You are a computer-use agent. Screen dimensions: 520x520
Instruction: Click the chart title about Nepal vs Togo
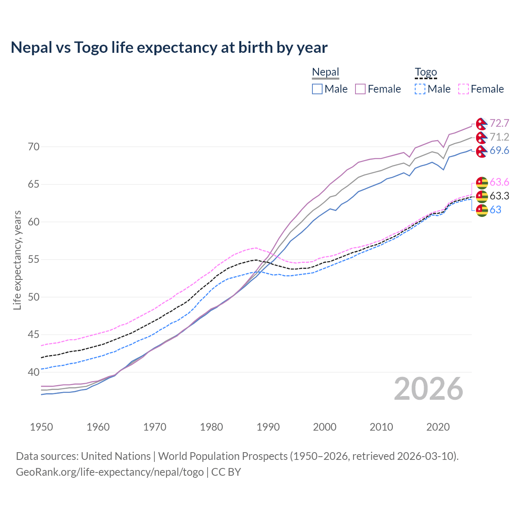pyautogui.click(x=169, y=48)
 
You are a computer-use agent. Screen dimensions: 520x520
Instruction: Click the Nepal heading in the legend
pyautogui.click(x=325, y=72)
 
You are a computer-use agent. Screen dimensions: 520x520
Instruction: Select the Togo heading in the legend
pyautogui.click(x=425, y=72)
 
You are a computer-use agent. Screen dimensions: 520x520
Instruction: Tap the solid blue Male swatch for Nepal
pyautogui.click(x=317, y=89)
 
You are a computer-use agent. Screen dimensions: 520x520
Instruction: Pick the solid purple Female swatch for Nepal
pyautogui.click(x=360, y=89)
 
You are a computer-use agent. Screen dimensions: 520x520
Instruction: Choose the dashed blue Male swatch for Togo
pyautogui.click(x=420, y=89)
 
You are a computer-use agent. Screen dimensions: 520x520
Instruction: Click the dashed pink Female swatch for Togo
pyautogui.click(x=464, y=89)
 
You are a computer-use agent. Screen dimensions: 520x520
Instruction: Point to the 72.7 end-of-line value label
pyautogui.click(x=499, y=123)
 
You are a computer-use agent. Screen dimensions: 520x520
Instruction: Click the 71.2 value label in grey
pyautogui.click(x=499, y=137)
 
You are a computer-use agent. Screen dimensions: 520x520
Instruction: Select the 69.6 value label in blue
pyautogui.click(x=499, y=151)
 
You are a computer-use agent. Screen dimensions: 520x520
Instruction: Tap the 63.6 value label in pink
pyautogui.click(x=499, y=182)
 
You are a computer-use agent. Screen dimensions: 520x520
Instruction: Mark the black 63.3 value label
pyautogui.click(x=499, y=196)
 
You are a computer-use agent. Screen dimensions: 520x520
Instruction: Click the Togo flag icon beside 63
pyautogui.click(x=481, y=210)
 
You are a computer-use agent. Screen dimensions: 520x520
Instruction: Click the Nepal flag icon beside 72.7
pyautogui.click(x=481, y=123)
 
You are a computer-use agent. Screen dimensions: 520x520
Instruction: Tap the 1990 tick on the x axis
pyautogui.click(x=268, y=427)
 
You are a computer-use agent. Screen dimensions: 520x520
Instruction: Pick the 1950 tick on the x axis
pyautogui.click(x=41, y=427)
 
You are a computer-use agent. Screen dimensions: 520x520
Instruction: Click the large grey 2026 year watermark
pyautogui.click(x=428, y=389)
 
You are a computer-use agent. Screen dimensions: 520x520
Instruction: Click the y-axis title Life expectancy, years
pyautogui.click(x=17, y=260)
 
